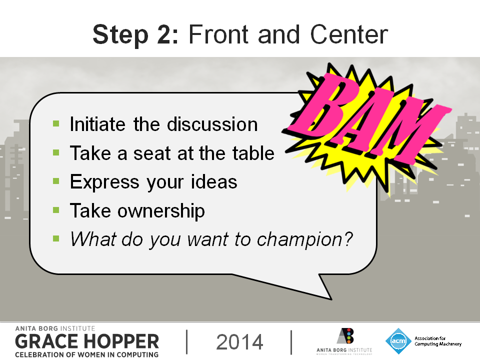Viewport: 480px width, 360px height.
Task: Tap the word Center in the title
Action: click(x=349, y=34)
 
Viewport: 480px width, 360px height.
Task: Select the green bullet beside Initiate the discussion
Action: click(x=56, y=123)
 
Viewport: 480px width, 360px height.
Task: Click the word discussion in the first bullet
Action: click(x=212, y=124)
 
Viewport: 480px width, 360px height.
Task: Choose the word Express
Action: click(x=104, y=182)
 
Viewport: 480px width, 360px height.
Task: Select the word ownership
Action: click(x=161, y=211)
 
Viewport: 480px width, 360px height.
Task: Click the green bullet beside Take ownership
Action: click(x=56, y=209)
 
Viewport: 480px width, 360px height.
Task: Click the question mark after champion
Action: click(x=348, y=239)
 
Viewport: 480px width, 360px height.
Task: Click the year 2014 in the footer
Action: click(x=239, y=342)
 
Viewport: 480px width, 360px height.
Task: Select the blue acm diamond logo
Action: click(x=398, y=341)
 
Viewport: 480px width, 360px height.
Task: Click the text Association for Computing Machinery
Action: click(x=438, y=341)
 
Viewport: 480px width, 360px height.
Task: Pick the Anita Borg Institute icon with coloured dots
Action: click(x=345, y=336)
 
